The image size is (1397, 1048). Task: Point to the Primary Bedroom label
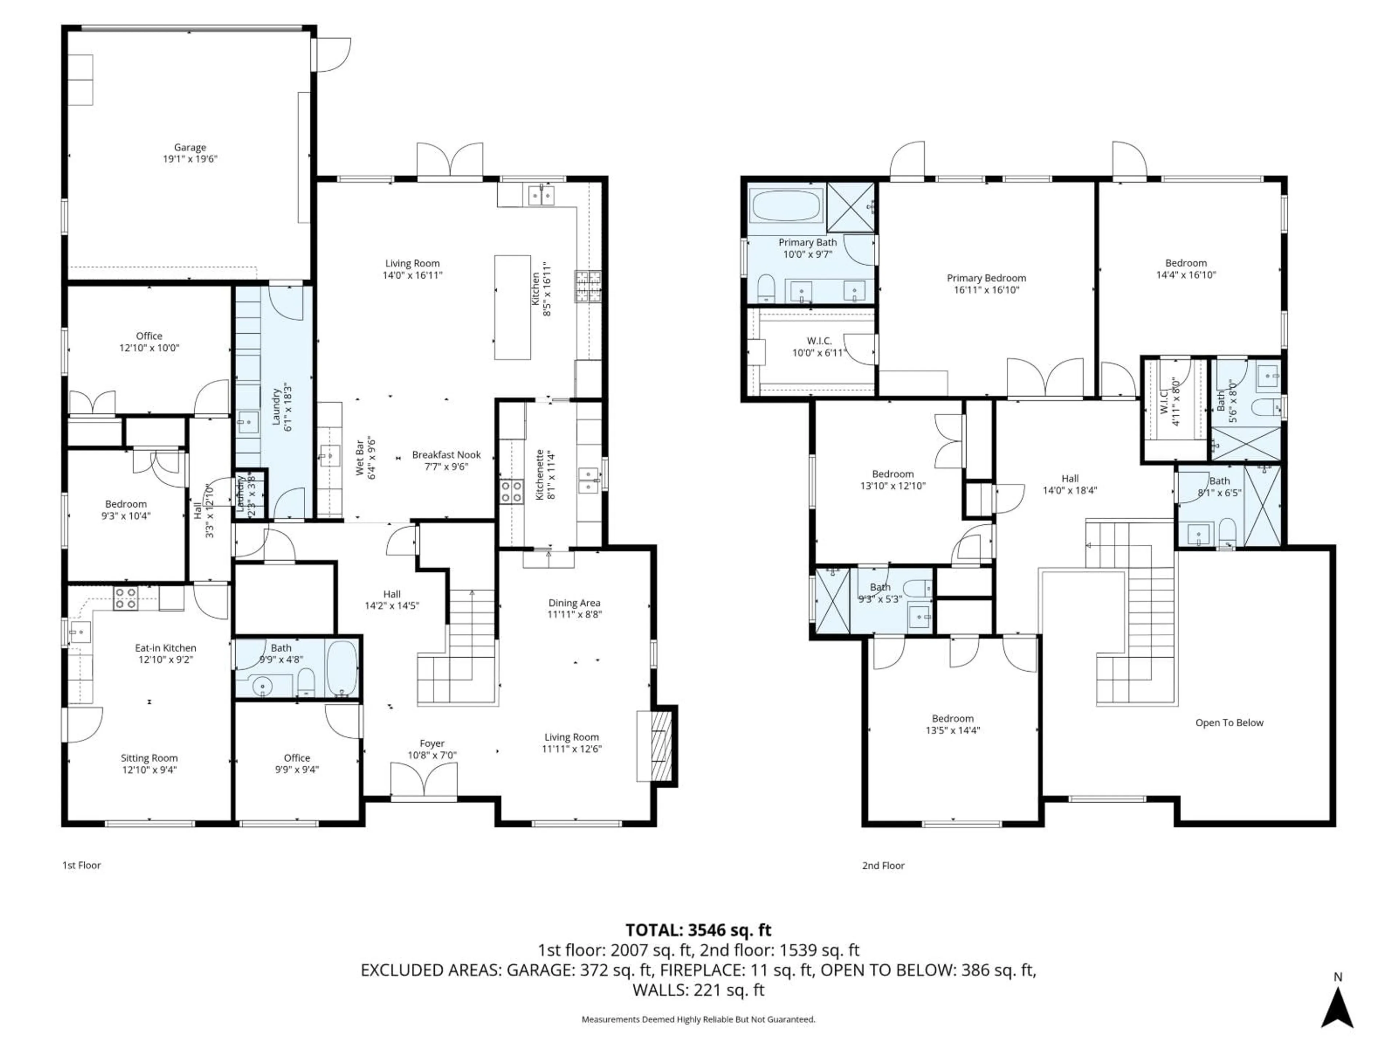[986, 278]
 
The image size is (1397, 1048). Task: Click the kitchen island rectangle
[512, 307]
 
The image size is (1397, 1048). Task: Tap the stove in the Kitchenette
[512, 491]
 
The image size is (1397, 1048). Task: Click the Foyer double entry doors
[424, 781]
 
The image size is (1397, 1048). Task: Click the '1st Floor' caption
[81, 865]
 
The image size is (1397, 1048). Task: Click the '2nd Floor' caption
[883, 865]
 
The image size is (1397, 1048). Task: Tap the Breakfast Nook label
[446, 455]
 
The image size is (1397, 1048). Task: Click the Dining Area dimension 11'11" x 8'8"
[574, 614]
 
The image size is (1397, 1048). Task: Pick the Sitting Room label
[149, 758]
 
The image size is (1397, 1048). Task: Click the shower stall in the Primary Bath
[851, 207]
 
